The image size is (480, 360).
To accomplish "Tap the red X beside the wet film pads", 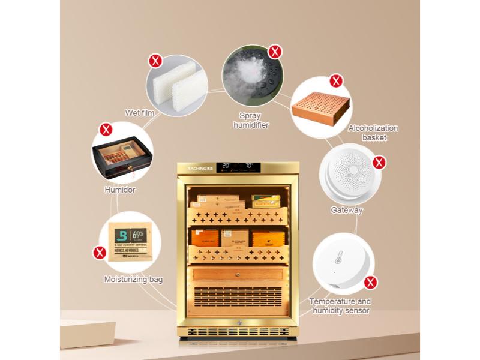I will coord(155,61).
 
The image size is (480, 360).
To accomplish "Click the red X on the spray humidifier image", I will coord(275,52).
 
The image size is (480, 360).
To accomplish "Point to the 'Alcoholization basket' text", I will coord(373,133).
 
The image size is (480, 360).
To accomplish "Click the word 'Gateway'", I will coord(347,210).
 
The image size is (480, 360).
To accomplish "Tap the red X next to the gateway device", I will coord(379,162).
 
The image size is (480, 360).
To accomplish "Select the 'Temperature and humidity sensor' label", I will coord(340,306).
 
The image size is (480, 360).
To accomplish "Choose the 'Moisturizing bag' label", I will coord(133,280).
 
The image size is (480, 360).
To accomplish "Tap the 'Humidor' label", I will coord(120,190).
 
